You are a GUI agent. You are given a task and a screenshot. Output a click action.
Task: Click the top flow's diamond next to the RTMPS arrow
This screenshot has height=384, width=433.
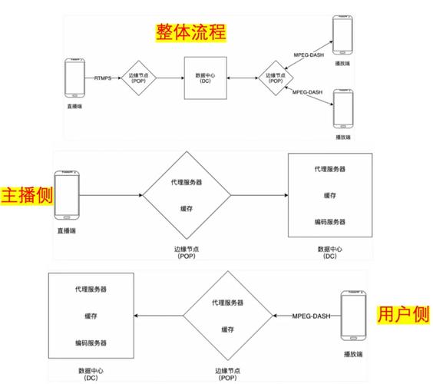point(140,78)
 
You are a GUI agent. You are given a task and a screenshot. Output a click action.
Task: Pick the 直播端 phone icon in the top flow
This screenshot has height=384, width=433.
point(74,78)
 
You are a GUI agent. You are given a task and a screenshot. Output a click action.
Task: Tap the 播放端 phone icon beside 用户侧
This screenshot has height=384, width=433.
point(352,316)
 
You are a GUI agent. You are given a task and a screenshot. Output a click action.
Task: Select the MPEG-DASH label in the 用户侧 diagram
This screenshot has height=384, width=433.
point(312,316)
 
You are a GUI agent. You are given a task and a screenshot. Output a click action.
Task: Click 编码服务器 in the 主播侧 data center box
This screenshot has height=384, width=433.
point(330,222)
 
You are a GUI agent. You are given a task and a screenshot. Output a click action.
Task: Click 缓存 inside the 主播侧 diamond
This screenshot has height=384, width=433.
point(187,208)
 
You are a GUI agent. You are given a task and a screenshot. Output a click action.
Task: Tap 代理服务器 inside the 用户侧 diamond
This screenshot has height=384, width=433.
point(228,303)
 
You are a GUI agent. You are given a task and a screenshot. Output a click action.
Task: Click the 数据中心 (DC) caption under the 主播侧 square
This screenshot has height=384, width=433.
point(329,253)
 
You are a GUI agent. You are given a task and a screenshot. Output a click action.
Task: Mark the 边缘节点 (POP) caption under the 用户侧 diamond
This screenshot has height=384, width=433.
point(228,373)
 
